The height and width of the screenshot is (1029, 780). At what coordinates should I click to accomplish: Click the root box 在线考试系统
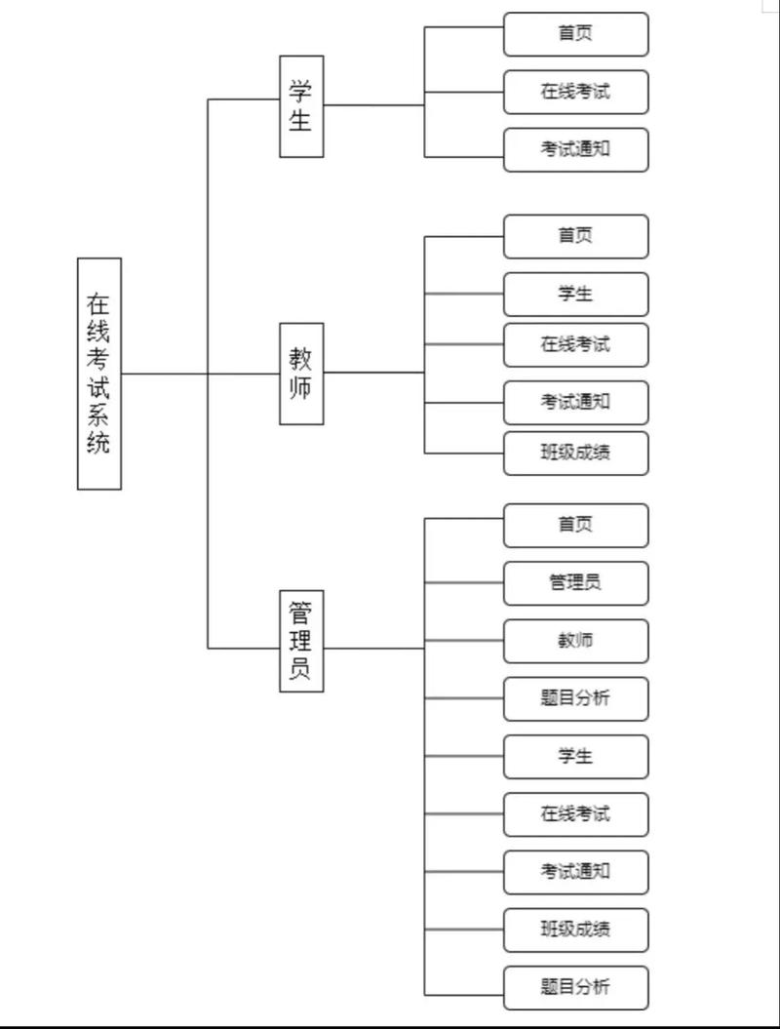pyautogui.click(x=99, y=374)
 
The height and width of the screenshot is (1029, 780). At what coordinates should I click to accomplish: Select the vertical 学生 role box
pyautogui.click(x=301, y=106)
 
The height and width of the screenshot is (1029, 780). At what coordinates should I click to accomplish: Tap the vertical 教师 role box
pyautogui.click(x=301, y=373)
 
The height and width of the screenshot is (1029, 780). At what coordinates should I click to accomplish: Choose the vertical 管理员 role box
pyautogui.click(x=301, y=641)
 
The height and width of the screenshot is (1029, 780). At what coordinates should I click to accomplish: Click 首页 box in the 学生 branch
pyautogui.click(x=575, y=34)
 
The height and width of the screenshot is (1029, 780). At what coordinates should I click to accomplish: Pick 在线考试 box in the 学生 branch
pyautogui.click(x=575, y=93)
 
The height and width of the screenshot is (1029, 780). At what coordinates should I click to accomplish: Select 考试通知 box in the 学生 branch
pyautogui.click(x=575, y=150)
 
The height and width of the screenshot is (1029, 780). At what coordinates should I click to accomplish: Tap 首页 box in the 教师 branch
pyautogui.click(x=575, y=236)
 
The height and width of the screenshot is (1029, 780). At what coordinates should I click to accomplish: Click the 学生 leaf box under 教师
pyautogui.click(x=575, y=294)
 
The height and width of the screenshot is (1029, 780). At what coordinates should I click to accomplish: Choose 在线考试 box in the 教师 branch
pyautogui.click(x=575, y=344)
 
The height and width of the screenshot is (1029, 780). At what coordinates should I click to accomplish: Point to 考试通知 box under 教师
pyautogui.click(x=575, y=402)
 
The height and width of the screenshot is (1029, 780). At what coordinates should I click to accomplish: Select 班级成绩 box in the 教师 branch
pyautogui.click(x=575, y=453)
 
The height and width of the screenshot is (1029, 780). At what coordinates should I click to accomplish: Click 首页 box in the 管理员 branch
pyautogui.click(x=575, y=525)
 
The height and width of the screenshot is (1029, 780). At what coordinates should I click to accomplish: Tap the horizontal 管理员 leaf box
pyautogui.click(x=575, y=583)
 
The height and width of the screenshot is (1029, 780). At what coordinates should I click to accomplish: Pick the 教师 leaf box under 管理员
pyautogui.click(x=575, y=641)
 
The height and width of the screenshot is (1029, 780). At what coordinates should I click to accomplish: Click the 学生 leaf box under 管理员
pyautogui.click(x=575, y=756)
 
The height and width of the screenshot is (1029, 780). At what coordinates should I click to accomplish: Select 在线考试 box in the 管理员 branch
pyautogui.click(x=575, y=813)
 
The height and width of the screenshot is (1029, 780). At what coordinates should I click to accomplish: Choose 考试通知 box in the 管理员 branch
pyautogui.click(x=575, y=871)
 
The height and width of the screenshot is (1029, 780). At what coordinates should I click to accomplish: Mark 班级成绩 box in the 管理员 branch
pyautogui.click(x=575, y=930)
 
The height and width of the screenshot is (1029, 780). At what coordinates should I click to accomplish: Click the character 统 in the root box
pyautogui.click(x=99, y=444)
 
